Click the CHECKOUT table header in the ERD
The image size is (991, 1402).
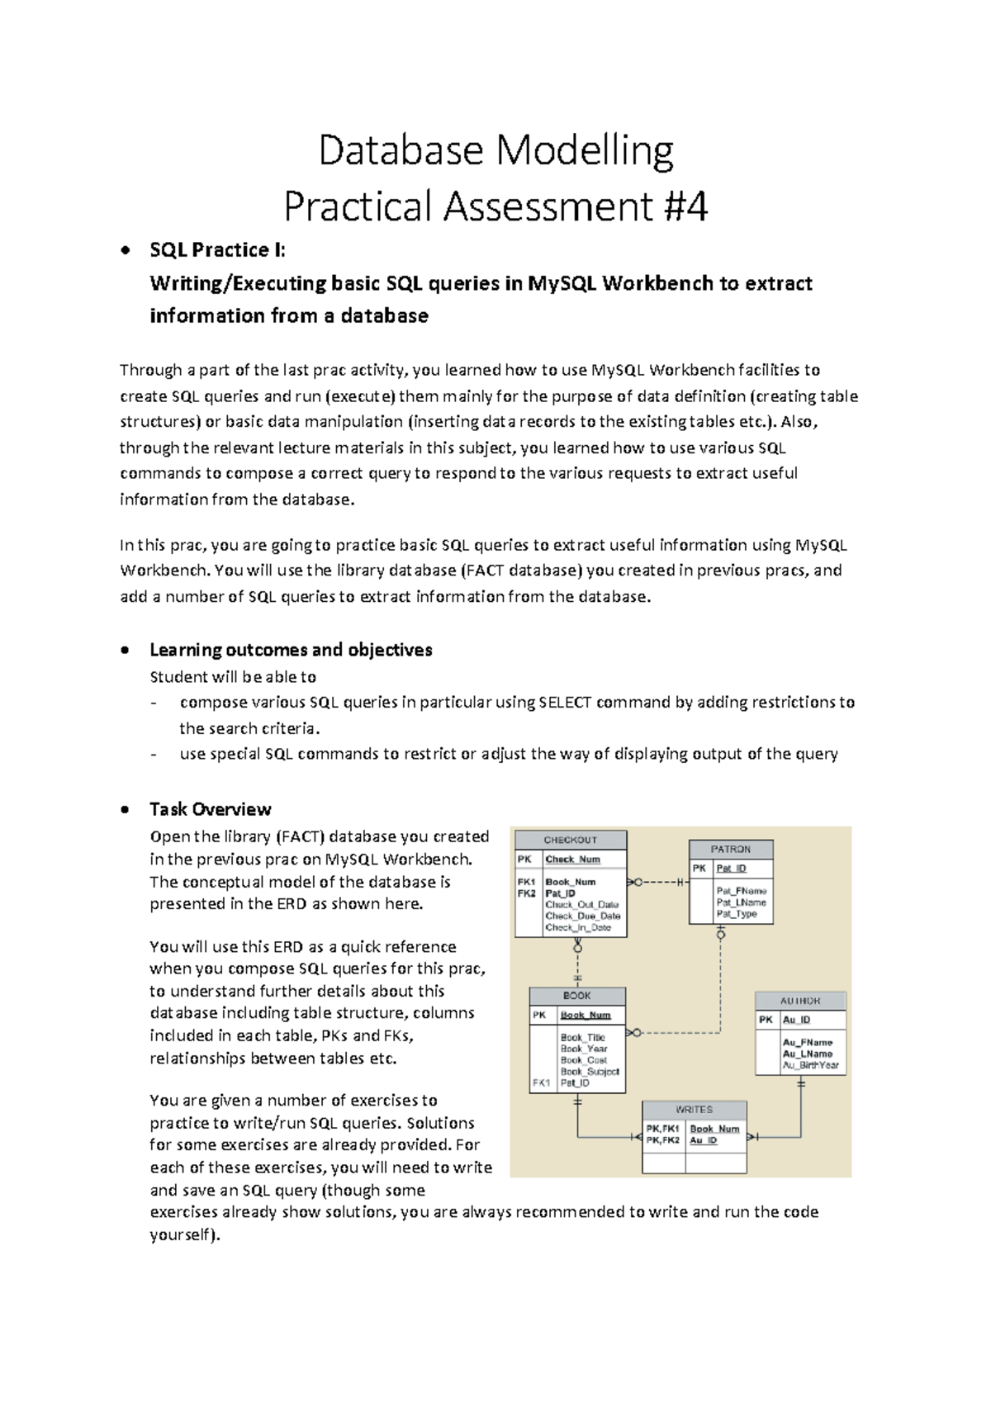click(570, 840)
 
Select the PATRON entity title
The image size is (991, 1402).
click(731, 849)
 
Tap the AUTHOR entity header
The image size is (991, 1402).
click(800, 1000)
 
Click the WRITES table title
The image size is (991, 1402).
click(694, 1110)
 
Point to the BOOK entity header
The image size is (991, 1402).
click(576, 996)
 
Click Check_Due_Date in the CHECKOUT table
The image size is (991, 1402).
click(582, 916)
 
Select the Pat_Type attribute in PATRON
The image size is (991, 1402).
click(737, 914)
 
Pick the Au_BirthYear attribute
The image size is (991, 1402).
click(810, 1065)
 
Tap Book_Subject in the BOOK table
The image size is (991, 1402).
click(590, 1071)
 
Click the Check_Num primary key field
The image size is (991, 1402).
click(572, 860)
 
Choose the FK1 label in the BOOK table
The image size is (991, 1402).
click(542, 1082)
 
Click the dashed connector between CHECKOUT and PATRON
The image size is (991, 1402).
click(658, 883)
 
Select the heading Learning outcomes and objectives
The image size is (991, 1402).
click(291, 650)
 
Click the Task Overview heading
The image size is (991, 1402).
click(210, 809)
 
